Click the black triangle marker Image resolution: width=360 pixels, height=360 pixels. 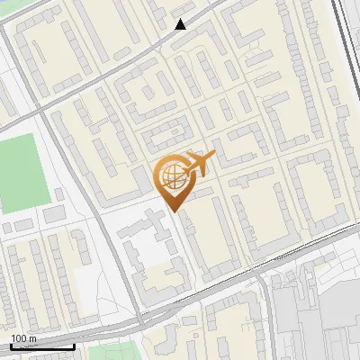click(x=181, y=24)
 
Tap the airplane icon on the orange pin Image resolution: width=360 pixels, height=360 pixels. click(x=200, y=164)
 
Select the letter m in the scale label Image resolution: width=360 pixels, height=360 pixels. click(x=33, y=338)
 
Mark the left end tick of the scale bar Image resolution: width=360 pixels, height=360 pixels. click(x=12, y=346)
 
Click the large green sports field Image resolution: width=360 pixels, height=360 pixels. click(x=21, y=171)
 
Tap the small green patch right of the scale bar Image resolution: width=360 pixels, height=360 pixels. click(x=117, y=351)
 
